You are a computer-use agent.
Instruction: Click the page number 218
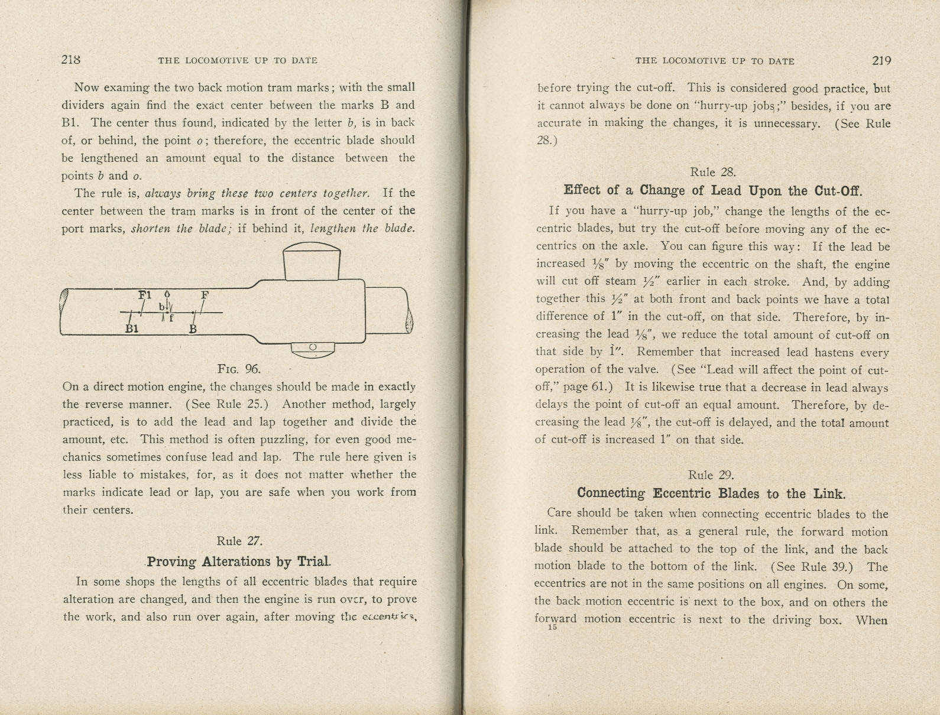click(71, 60)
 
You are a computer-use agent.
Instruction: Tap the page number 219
click(881, 60)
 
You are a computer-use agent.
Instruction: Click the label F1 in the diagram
click(145, 295)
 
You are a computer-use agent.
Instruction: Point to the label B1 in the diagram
click(132, 329)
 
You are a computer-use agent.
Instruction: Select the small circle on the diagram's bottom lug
click(313, 347)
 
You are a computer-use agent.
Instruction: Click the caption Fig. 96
click(239, 369)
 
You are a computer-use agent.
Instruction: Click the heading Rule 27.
click(239, 541)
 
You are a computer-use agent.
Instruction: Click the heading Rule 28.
click(712, 173)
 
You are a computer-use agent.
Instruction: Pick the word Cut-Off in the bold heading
click(838, 191)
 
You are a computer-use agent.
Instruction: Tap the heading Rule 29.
click(711, 475)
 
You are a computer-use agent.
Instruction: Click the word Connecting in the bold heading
click(611, 493)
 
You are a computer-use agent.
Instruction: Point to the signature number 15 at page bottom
click(552, 628)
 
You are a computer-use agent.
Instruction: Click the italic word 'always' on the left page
click(163, 193)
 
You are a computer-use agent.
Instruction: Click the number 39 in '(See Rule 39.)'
click(839, 567)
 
